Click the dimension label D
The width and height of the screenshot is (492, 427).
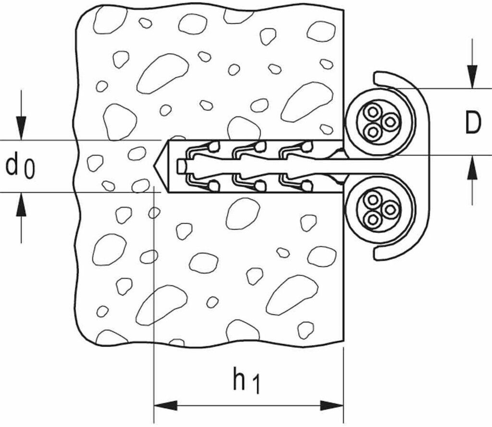473,123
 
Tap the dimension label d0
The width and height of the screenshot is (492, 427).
20,166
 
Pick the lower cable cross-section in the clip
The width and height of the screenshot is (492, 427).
380,209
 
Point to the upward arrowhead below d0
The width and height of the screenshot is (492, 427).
21,204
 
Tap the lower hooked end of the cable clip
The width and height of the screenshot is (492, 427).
380,255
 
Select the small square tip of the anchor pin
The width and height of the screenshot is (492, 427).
181,166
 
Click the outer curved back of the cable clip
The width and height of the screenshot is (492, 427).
423,166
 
